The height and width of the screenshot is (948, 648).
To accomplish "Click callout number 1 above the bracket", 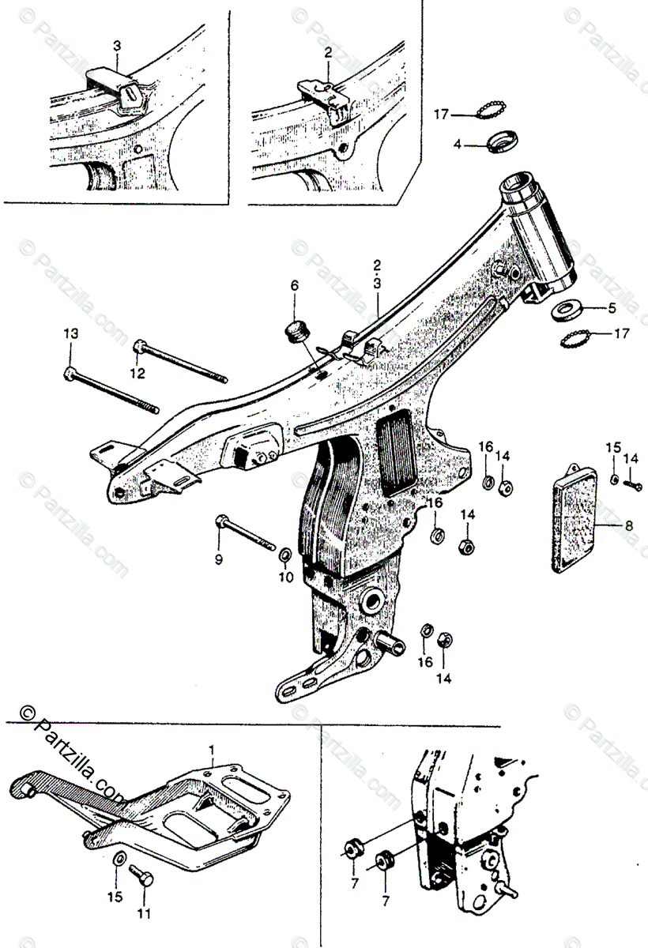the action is pyautogui.click(x=211, y=747).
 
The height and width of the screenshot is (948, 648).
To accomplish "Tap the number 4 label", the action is pyautogui.click(x=457, y=145).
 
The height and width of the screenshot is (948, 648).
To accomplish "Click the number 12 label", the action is pyautogui.click(x=138, y=373).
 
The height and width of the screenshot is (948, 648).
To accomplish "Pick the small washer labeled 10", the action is pyautogui.click(x=283, y=559).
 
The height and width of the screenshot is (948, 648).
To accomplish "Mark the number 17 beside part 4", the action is pyautogui.click(x=441, y=115).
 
